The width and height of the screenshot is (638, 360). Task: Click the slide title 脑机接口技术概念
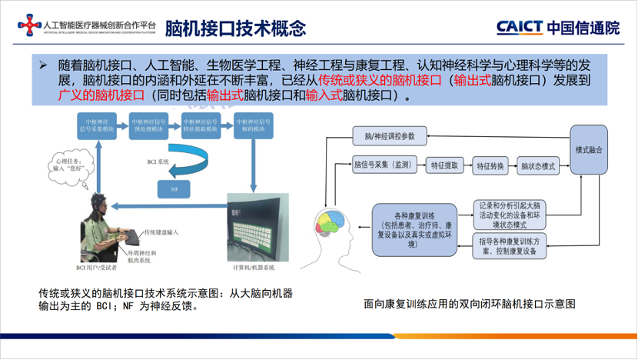click(x=235, y=28)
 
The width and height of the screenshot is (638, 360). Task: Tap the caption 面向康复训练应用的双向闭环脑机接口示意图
click(x=469, y=304)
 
